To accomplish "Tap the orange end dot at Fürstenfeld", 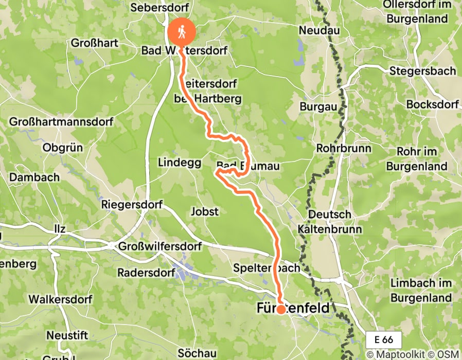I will [281, 310].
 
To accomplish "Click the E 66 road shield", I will [384, 339].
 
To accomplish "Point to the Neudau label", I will [319, 31].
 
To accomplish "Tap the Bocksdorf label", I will [432, 104].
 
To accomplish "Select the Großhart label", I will [95, 43].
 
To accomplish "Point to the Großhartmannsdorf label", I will [61, 122].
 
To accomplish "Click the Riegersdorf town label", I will [132, 205].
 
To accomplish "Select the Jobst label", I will [204, 211].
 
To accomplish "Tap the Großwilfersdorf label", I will [159, 246].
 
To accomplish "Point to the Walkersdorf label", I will [60, 299].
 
